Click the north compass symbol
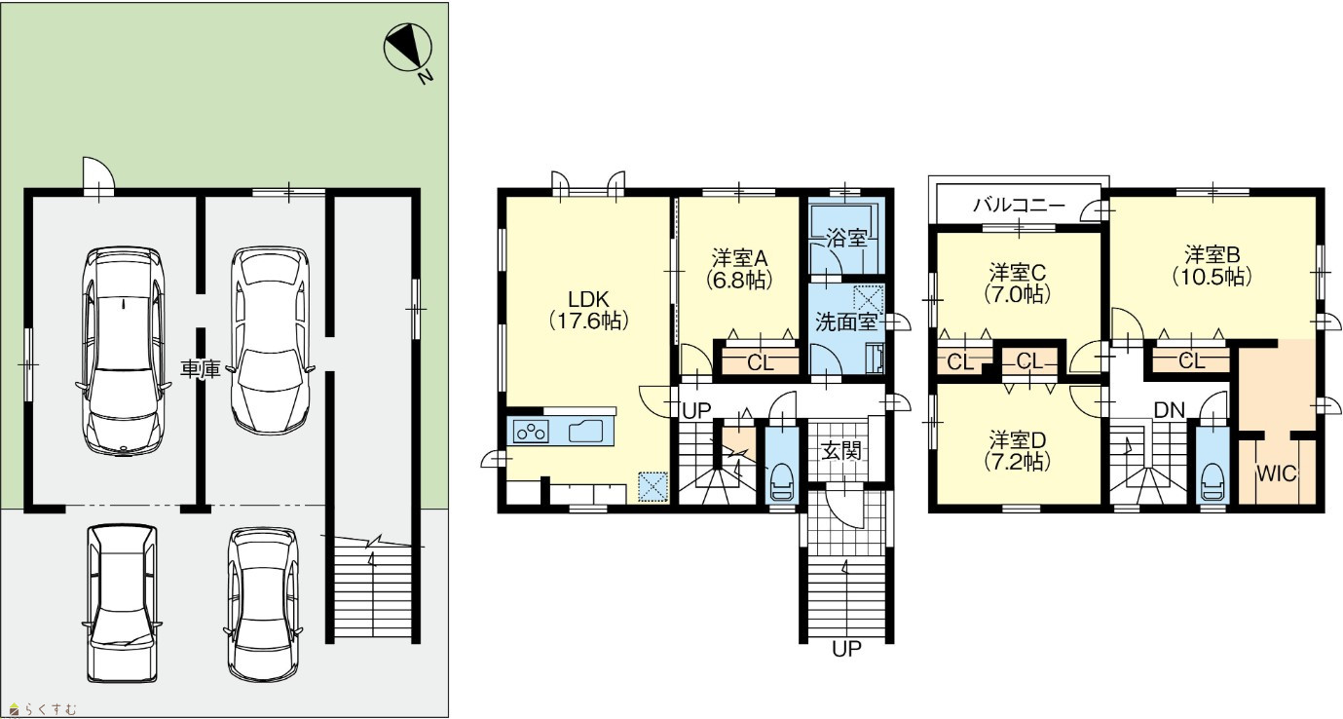coord(408,48)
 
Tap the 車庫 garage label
coord(201,369)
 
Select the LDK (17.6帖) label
coord(589,310)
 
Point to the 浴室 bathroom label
coord(846,238)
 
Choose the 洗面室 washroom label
coord(846,322)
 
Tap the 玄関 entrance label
coord(841,450)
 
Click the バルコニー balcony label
coord(1019,206)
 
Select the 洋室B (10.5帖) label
coord(1212,266)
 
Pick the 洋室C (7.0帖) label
coord(1018,284)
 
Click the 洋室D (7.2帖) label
coord(1018,451)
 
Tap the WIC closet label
coord(1277,474)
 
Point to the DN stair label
coord(1170,410)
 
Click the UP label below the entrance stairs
coord(846,648)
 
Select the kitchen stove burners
coord(531,432)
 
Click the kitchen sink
coord(585,432)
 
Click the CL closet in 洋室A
coord(761,362)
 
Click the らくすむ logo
coord(44,710)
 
